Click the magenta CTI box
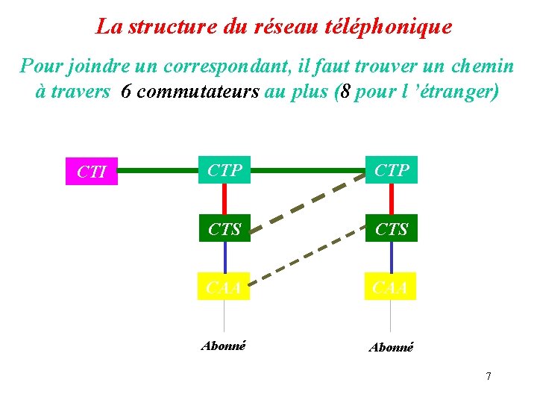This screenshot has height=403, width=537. tap(91, 172)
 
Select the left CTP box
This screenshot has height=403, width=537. tap(224, 170)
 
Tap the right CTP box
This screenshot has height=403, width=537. tap(392, 170)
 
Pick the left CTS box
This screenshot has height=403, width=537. tap(224, 228)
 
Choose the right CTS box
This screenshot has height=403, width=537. tap(392, 228)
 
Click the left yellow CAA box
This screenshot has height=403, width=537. tap(224, 287)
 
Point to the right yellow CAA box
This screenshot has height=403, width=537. tap(391, 287)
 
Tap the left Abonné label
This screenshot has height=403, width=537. tap(224, 346)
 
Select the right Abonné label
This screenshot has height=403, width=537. tap(391, 347)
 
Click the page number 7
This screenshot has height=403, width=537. tap(489, 376)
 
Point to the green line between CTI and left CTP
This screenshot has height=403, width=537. tap(157, 170)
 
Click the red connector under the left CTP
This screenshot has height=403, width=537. tap(224, 199)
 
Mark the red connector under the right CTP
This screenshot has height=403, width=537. tap(392, 199)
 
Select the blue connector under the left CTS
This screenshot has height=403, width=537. tap(224, 257)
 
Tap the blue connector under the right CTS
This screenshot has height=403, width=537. tap(392, 257)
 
